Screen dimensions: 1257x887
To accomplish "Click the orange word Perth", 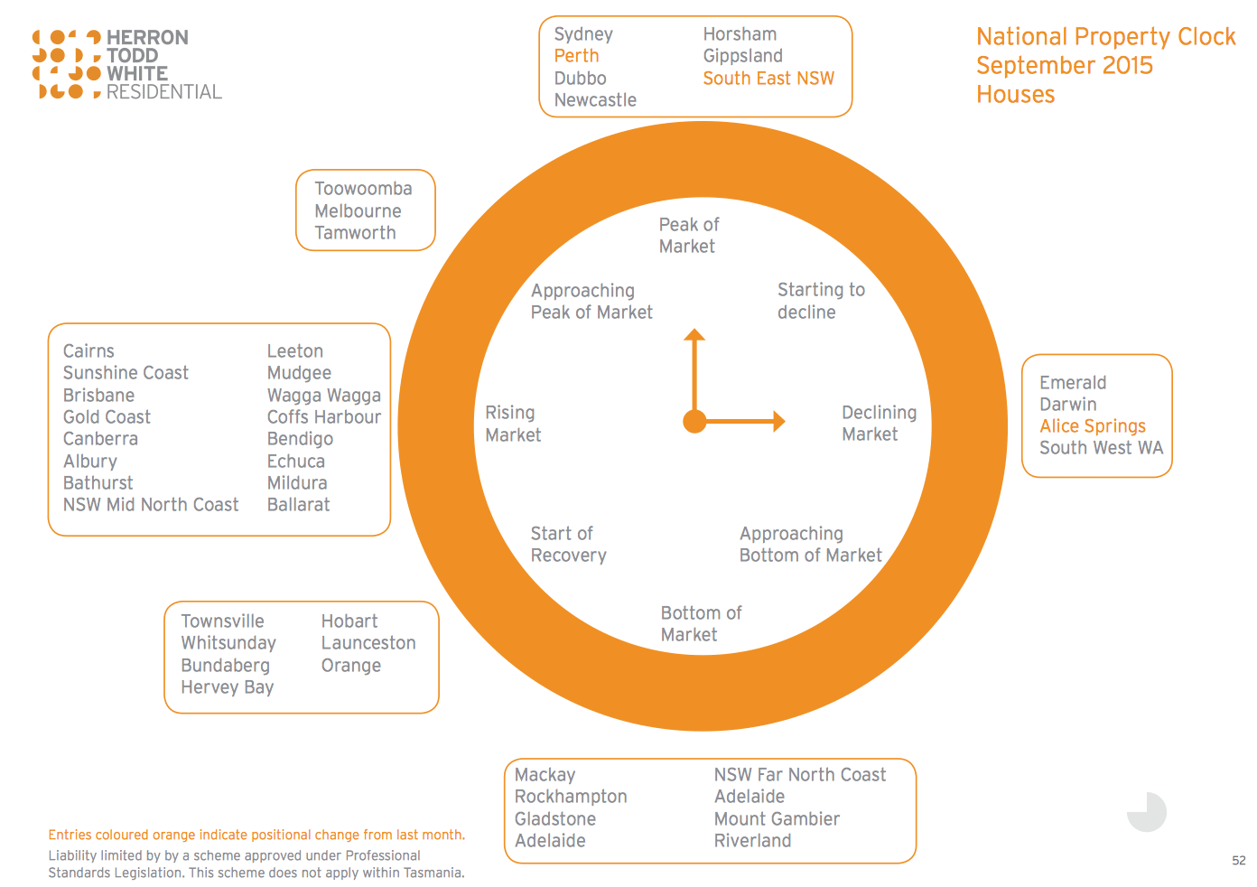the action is (x=576, y=56).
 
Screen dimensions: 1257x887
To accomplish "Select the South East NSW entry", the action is (x=768, y=78).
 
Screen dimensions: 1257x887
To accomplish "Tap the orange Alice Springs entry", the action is (x=1092, y=426).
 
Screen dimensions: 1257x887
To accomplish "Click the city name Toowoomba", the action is (x=363, y=189).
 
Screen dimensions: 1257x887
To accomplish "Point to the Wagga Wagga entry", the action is (x=324, y=396).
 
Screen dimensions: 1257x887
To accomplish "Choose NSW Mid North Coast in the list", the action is (x=151, y=505).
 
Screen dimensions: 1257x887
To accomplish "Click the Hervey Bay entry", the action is (x=228, y=687).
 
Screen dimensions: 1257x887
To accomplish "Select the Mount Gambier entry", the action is (x=777, y=819).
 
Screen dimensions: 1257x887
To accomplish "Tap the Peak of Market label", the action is (x=688, y=235).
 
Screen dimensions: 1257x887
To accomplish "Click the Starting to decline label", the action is (x=821, y=301).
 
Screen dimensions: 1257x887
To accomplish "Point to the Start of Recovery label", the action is (x=569, y=545).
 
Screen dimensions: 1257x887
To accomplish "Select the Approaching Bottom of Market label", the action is (x=810, y=545).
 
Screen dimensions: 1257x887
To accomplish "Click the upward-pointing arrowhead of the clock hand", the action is (x=694, y=334).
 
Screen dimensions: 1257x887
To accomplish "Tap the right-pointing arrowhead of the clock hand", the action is (x=779, y=421).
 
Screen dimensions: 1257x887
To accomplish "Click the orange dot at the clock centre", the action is (x=694, y=421).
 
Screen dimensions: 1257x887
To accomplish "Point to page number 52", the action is (x=1238, y=861).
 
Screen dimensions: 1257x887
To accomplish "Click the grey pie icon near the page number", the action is (x=1147, y=812).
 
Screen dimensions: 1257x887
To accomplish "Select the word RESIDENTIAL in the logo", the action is (x=163, y=92).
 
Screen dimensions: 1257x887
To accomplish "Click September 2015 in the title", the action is (x=1064, y=66).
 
